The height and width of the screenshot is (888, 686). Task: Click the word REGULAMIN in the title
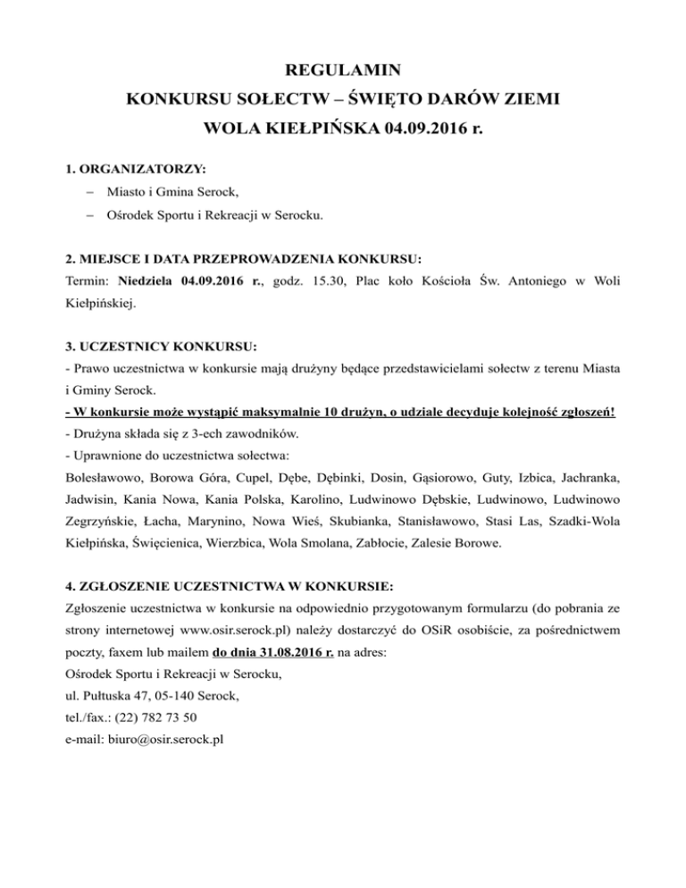pos(343,69)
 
